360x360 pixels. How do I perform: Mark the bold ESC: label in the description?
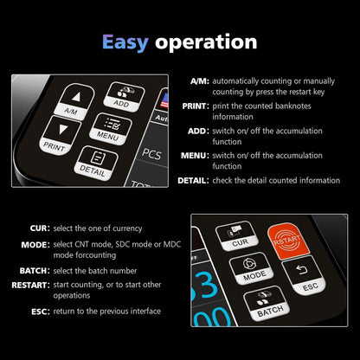(x=40, y=311)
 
